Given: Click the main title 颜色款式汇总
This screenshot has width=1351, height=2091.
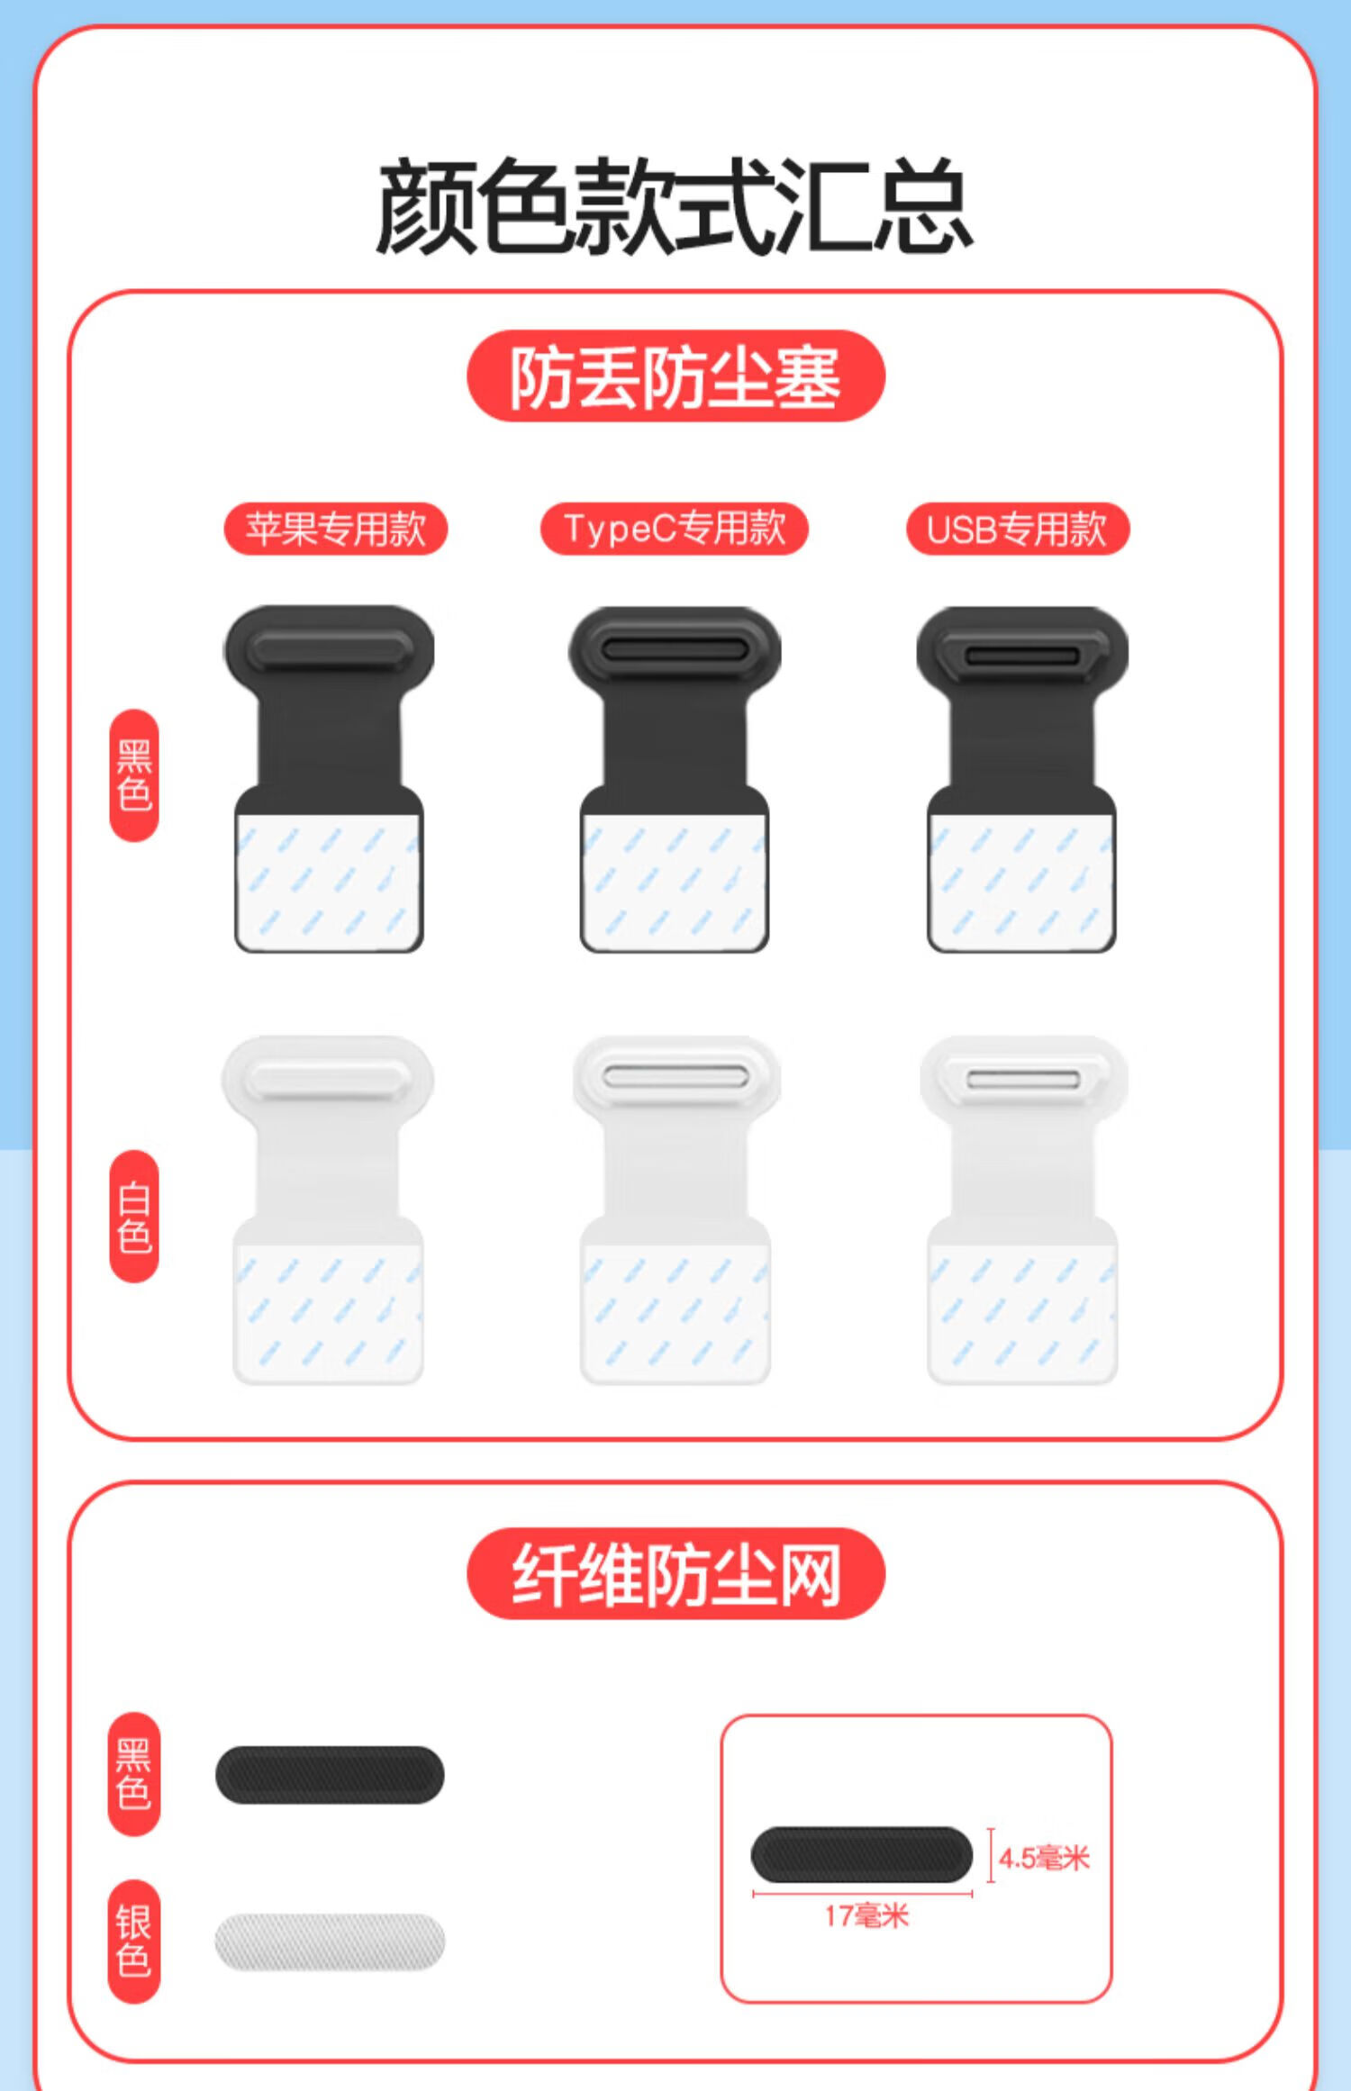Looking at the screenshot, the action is click(x=675, y=206).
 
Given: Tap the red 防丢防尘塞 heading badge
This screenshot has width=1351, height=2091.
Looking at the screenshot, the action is click(x=675, y=376).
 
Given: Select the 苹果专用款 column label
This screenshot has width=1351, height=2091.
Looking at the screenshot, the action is click(x=336, y=529).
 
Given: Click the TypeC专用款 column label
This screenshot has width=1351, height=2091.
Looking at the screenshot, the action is click(x=675, y=529).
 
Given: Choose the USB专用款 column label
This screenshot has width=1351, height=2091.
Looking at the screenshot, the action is click(x=1018, y=529).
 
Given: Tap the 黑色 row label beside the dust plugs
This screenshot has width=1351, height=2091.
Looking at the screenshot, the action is click(x=134, y=775).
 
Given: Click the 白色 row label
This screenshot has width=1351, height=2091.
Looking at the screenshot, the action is click(x=134, y=1216).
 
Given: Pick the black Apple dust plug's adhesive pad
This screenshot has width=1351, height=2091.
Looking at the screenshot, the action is click(x=329, y=882).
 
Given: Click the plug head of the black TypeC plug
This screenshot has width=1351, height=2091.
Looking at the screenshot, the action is click(x=675, y=650).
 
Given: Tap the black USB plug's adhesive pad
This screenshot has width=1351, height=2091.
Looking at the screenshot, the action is click(x=1021, y=882).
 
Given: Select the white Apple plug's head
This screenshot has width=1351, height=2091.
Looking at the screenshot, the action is click(x=328, y=1079).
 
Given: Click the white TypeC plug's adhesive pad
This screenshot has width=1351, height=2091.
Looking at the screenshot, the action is click(x=675, y=1313).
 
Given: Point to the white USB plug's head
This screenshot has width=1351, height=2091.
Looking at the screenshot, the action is click(x=1023, y=1079).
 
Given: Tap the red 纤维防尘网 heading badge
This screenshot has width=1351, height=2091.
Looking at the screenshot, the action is click(x=675, y=1573).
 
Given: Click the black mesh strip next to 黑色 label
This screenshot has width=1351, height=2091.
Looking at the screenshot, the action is click(x=330, y=1775).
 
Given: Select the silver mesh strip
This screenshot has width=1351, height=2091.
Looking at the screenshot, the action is click(x=330, y=1942).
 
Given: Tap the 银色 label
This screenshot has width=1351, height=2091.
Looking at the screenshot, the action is click(x=134, y=1942).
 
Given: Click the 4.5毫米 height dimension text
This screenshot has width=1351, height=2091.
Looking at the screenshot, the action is click(x=1044, y=1858).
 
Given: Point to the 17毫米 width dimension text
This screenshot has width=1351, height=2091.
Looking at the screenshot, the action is click(x=866, y=1915).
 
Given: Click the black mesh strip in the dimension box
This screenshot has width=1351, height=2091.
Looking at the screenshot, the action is click(x=862, y=1854).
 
